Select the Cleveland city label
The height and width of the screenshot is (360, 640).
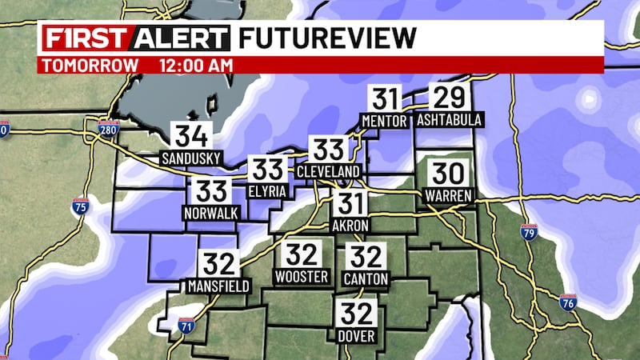tap(329, 171)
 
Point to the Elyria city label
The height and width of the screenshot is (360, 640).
tap(267, 192)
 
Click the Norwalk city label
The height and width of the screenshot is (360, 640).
tap(211, 214)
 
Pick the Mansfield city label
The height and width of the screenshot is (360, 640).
tap(218, 286)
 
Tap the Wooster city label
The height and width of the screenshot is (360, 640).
tap(302, 277)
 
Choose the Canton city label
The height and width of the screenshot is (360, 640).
tap(367, 278)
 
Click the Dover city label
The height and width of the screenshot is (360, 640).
tap(357, 337)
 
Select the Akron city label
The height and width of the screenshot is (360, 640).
tap(350, 226)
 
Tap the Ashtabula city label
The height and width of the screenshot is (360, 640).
tap(449, 120)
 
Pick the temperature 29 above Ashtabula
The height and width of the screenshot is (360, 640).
tap(448, 98)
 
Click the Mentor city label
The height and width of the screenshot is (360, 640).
tap(386, 121)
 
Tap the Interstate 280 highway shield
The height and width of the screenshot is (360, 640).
tap(109, 127)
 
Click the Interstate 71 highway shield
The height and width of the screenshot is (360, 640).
tap(186, 325)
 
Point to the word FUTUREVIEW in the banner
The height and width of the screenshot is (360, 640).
tap(328, 38)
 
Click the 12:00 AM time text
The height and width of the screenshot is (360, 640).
tap(196, 66)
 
